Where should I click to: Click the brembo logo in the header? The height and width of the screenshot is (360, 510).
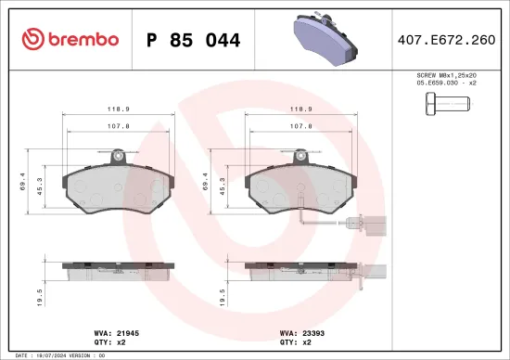click(x=70, y=39)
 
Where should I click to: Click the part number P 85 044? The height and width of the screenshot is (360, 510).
click(x=193, y=41)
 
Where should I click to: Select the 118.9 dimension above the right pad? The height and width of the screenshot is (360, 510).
click(x=298, y=108)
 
